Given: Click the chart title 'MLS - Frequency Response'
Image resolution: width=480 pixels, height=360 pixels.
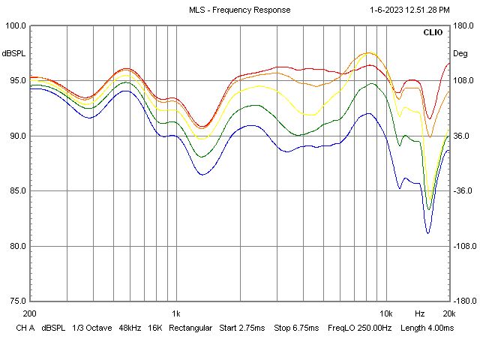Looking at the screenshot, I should (x=240, y=10).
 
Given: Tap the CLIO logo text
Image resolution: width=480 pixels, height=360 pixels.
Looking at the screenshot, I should (x=433, y=33).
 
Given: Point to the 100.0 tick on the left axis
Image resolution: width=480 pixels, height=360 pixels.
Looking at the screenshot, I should (x=16, y=25).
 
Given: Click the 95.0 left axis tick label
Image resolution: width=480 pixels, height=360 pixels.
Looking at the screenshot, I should (x=16, y=81).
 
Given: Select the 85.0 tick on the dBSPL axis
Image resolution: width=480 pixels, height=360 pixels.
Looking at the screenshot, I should (x=16, y=191).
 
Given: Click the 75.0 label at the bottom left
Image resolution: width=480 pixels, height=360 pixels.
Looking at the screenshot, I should (x=16, y=301).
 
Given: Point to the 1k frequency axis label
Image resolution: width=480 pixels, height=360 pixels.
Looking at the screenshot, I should (x=176, y=313).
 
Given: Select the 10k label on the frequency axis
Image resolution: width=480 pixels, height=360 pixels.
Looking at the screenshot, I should (x=385, y=313).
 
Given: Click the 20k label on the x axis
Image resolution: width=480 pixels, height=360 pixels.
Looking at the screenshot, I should (x=448, y=313).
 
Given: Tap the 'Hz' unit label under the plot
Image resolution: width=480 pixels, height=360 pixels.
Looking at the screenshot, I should (x=420, y=313).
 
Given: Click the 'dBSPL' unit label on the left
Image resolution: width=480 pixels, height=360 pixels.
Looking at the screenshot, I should (x=14, y=53).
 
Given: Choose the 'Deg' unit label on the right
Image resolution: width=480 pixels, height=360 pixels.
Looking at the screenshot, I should (x=460, y=53).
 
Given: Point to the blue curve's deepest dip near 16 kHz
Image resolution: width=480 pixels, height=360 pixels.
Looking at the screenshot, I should (x=428, y=232).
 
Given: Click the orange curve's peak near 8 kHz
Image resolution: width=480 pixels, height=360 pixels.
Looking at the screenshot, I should (x=367, y=53).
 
